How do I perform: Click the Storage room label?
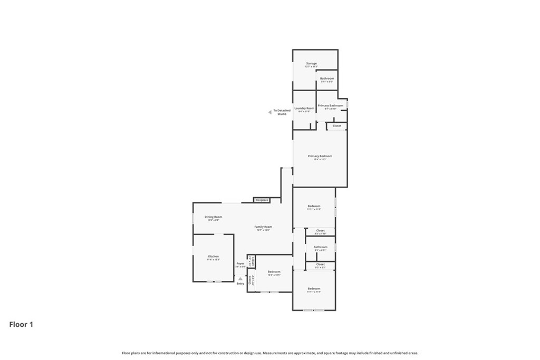pos(311,63)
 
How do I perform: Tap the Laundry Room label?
pos(304,108)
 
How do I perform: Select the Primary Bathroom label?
pos(331,105)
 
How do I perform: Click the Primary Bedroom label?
pos(320,156)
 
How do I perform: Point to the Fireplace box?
pos(262,200)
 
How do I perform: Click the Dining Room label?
pos(214,217)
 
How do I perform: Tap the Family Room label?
pos(263,227)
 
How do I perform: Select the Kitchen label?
pos(213,257)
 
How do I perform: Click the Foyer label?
pos(240,263)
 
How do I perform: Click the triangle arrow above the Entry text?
pos(240,278)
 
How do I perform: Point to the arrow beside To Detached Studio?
pos(269,112)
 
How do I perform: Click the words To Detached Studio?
pos(282,112)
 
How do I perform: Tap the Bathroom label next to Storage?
pos(327,79)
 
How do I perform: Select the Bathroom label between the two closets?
pos(321,247)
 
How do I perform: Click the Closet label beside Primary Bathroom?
pos(337,126)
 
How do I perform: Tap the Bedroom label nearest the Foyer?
pos(274,272)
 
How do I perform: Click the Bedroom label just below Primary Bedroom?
pos(314,206)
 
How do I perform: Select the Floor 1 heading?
pos(21,325)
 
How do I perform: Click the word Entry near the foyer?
pos(240,284)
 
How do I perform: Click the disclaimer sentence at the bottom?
pos(270,353)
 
